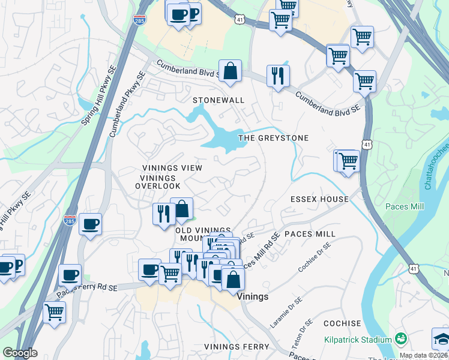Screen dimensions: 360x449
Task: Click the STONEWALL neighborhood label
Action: tap(218, 100)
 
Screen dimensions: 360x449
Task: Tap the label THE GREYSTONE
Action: tap(274, 138)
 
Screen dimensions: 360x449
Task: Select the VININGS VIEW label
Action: tap(172, 168)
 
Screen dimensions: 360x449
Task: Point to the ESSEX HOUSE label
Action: tap(319, 199)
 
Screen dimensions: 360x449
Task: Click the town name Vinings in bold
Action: tap(253, 296)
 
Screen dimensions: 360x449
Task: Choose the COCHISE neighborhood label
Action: tap(342, 323)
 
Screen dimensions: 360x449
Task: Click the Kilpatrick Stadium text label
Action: tap(358, 340)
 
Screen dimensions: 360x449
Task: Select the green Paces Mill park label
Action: tap(406, 206)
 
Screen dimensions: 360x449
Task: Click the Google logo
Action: tap(20, 353)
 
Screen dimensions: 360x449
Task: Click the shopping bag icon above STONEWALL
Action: tap(230, 71)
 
